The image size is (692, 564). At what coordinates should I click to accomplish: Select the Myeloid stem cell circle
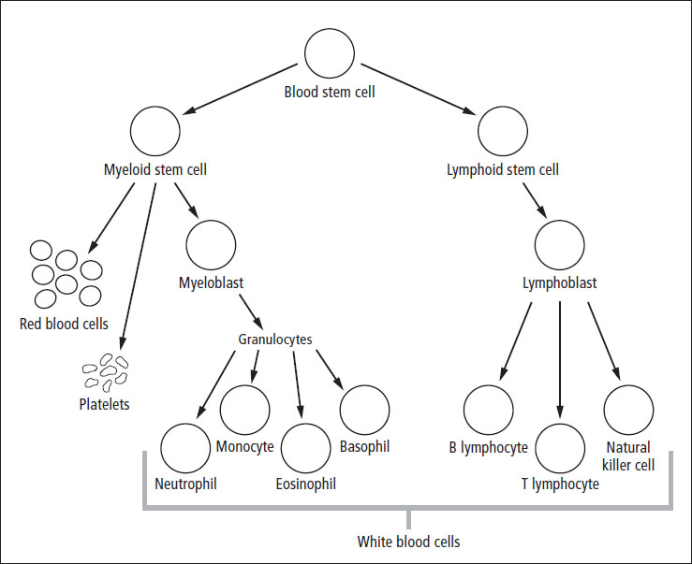click(x=155, y=132)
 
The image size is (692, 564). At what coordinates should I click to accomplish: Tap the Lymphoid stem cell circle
click(x=502, y=132)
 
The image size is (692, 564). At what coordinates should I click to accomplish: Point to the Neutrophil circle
click(x=185, y=447)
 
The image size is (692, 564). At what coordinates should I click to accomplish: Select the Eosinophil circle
click(x=304, y=447)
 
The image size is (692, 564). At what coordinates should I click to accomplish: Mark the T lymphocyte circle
click(x=559, y=447)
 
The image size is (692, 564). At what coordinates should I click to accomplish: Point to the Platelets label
click(x=104, y=405)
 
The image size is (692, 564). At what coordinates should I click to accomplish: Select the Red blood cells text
click(x=64, y=325)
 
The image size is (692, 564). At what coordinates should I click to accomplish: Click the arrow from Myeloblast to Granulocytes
click(x=248, y=309)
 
